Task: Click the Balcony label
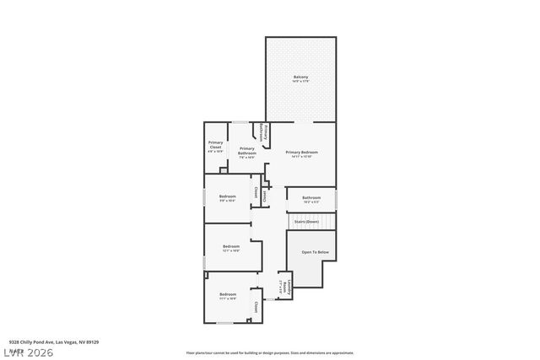300,78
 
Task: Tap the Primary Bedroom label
301,152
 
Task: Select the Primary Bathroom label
246,148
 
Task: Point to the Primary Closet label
216,142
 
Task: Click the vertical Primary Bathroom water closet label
266,134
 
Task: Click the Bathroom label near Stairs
310,197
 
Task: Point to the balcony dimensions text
300,82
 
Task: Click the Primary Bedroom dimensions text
301,157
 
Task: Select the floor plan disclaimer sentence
270,352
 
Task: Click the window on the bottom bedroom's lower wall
225,323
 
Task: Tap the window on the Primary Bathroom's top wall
241,122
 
